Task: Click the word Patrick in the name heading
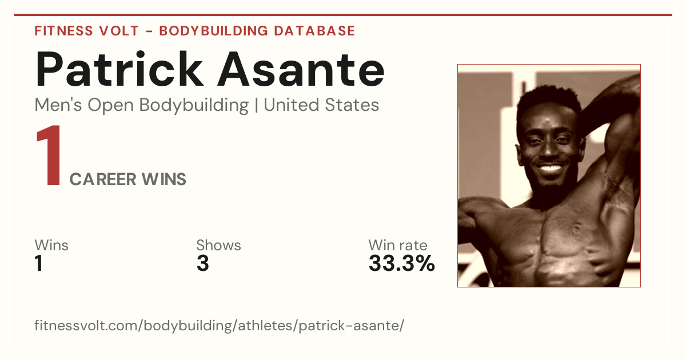pyautogui.click(x=119, y=69)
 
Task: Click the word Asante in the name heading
pyautogui.click(x=301, y=70)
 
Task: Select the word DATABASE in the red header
pyautogui.click(x=314, y=31)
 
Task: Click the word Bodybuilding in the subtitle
pyautogui.click(x=194, y=105)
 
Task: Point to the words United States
pyautogui.click(x=321, y=105)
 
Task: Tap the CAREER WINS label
pyautogui.click(x=127, y=179)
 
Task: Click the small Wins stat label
pyautogui.click(x=51, y=245)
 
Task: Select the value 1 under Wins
pyautogui.click(x=39, y=263)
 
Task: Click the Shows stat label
pyautogui.click(x=218, y=245)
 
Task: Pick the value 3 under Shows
pyautogui.click(x=203, y=263)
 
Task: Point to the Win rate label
pyautogui.click(x=398, y=245)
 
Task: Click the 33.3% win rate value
pyautogui.click(x=402, y=263)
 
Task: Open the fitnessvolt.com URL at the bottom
pyautogui.click(x=220, y=325)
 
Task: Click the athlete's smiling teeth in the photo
pyautogui.click(x=550, y=169)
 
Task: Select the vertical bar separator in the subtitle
pyautogui.click(x=256, y=105)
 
